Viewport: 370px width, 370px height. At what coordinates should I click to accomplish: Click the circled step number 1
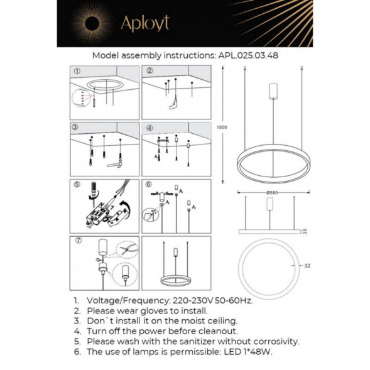[77, 71]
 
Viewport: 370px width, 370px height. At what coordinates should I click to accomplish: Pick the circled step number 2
[150, 71]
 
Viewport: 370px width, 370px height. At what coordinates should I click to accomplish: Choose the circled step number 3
[77, 128]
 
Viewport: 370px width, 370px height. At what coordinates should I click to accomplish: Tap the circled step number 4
[150, 128]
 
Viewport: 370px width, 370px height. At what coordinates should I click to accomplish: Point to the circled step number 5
[77, 185]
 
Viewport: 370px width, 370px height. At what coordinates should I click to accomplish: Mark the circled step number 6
[150, 185]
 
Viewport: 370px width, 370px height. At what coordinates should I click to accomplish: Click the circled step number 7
[77, 241]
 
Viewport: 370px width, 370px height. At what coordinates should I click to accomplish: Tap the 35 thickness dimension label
[306, 231]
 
